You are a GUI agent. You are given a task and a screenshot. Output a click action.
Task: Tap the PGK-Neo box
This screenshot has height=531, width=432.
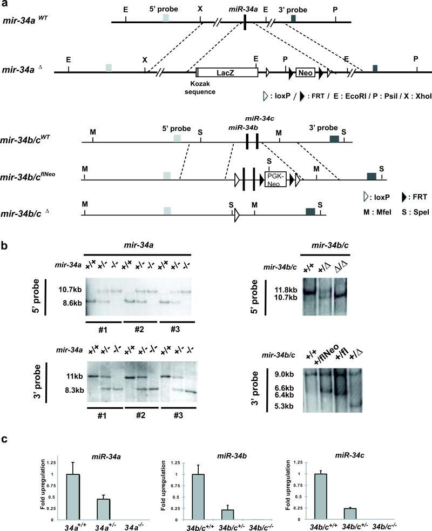click(275, 180)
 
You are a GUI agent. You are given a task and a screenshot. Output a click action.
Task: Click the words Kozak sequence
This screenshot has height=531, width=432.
click(200, 88)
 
